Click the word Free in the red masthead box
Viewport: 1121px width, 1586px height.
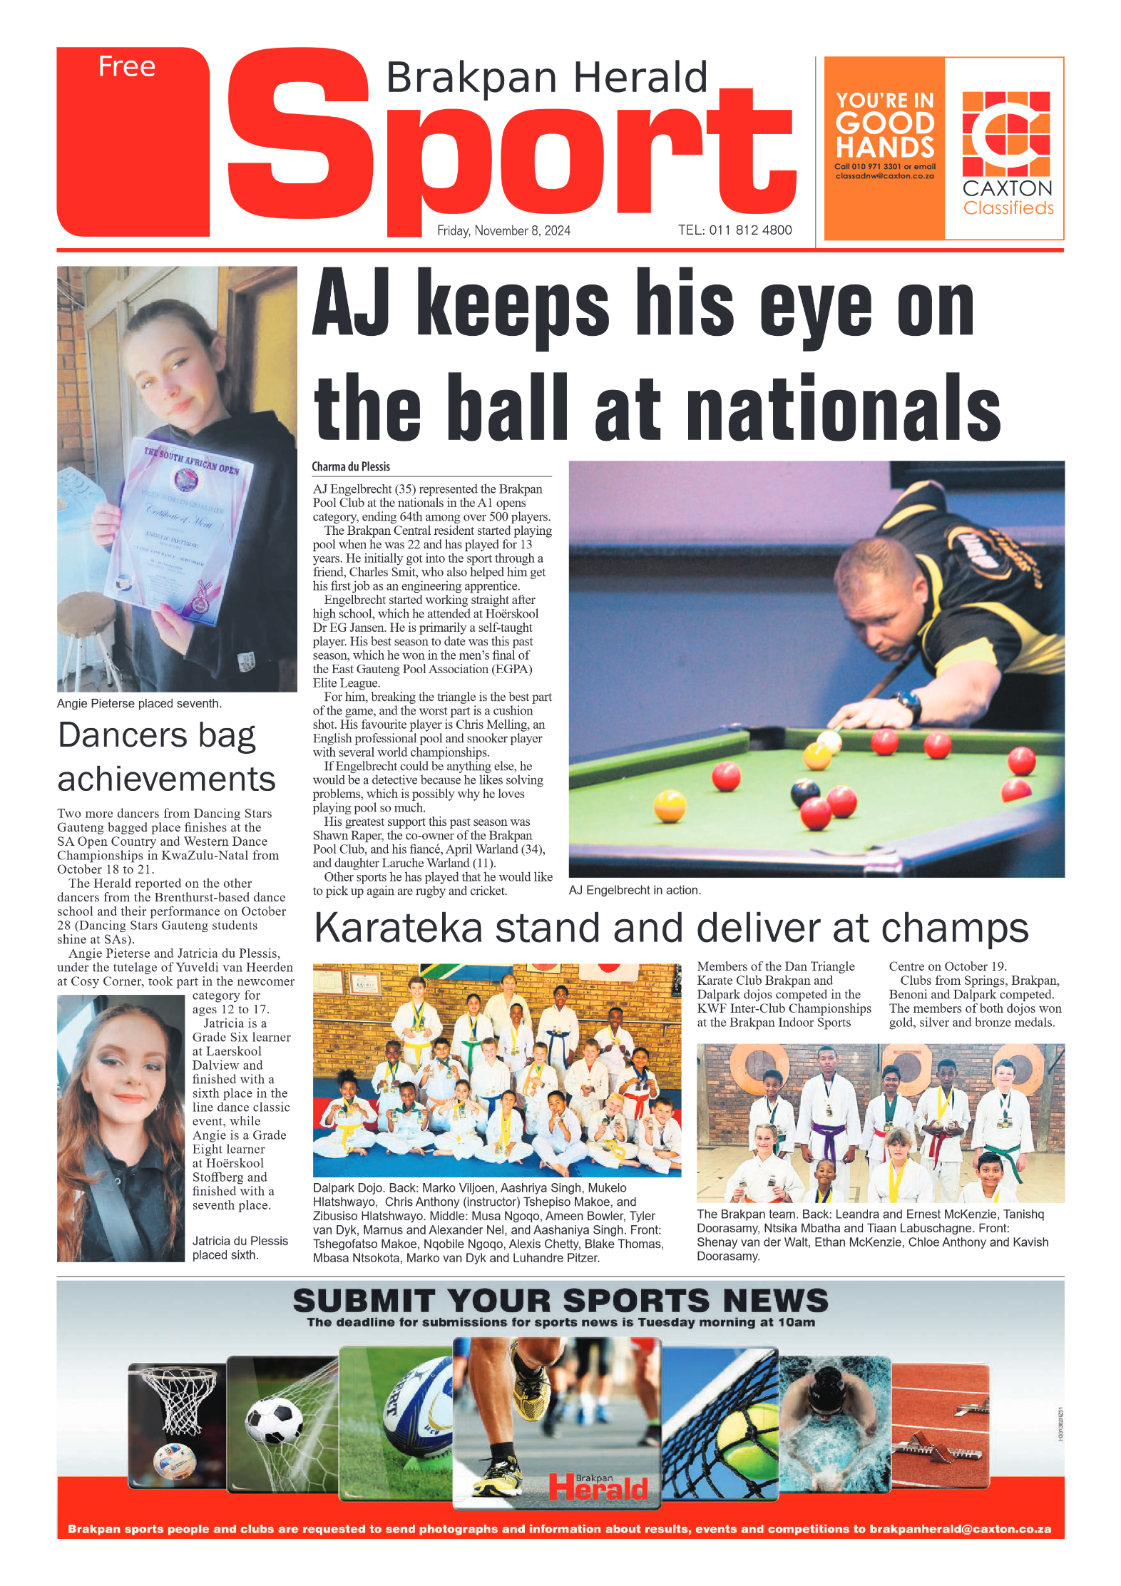click(126, 66)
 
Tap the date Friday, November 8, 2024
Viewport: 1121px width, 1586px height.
click(503, 230)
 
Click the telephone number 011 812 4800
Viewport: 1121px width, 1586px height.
click(750, 230)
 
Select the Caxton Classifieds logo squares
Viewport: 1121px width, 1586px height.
click(1005, 133)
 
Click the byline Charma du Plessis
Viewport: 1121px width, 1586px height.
click(351, 466)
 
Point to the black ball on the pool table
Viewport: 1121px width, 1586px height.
click(805, 792)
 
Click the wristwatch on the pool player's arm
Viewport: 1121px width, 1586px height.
click(908, 706)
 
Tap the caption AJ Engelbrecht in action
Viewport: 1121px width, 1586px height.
click(634, 890)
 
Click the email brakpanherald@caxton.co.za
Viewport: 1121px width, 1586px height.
click(960, 1529)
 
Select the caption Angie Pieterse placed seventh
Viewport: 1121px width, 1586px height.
click(139, 703)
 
